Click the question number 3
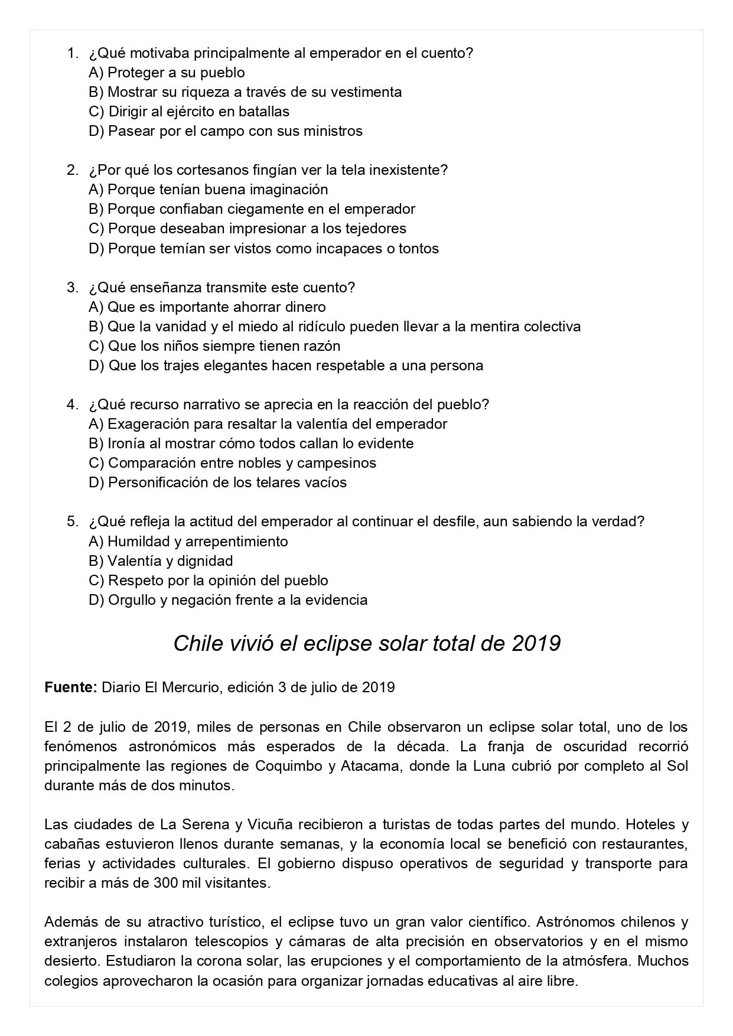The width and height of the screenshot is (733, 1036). [x=72, y=288]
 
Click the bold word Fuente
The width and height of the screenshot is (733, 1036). [x=70, y=688]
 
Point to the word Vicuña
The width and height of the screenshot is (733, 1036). [x=271, y=825]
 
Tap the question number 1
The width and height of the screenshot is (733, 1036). [x=72, y=53]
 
